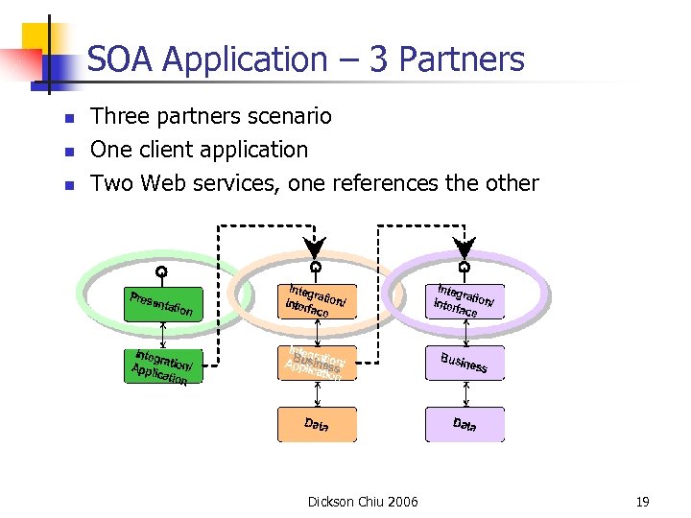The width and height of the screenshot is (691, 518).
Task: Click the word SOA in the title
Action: tap(121, 60)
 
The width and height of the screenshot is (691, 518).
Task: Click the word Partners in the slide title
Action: tap(465, 60)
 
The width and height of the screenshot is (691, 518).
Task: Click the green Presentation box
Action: tap(163, 303)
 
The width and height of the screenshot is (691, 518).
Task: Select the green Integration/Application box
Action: tap(163, 365)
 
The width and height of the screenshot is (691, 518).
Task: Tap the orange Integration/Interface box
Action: tap(316, 303)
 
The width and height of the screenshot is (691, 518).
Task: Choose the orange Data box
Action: tap(316, 424)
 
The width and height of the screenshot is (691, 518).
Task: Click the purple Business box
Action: tap(465, 363)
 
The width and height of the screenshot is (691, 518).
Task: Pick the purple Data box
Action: tap(465, 424)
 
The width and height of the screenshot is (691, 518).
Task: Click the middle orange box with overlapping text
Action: tap(316, 363)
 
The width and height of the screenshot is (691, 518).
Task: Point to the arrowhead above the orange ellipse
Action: tap(315, 247)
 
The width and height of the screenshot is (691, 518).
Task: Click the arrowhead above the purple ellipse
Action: tap(465, 247)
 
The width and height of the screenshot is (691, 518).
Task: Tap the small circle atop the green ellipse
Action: tap(162, 271)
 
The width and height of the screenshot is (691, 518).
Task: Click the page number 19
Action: tap(642, 501)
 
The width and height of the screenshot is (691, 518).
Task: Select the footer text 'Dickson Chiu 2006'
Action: tap(363, 501)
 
